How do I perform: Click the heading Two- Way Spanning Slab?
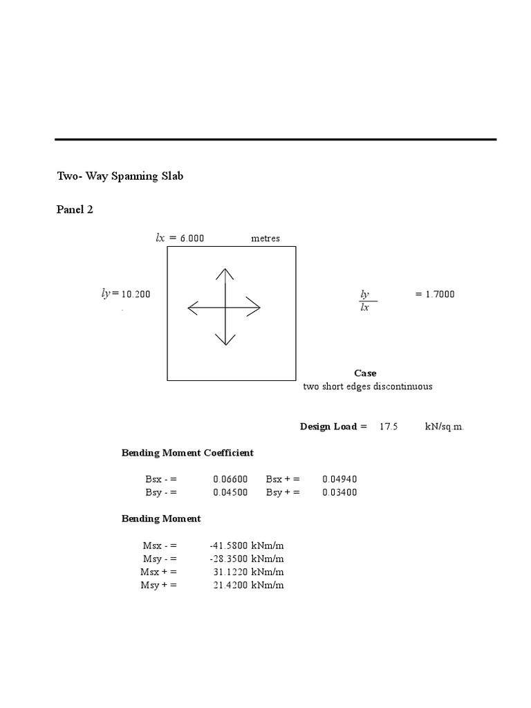[x=120, y=176]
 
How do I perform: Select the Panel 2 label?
[x=75, y=210]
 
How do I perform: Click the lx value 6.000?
[x=192, y=239]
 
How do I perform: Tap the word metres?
[x=265, y=239]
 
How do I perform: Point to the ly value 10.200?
[x=136, y=295]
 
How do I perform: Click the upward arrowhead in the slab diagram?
[x=224, y=272]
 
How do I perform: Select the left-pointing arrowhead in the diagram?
[x=193, y=307]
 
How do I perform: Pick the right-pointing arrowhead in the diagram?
[x=255, y=307]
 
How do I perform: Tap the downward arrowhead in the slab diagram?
[x=224, y=340]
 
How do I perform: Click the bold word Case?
[x=365, y=373]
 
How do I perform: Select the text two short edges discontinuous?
[x=368, y=386]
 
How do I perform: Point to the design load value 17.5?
[x=389, y=427]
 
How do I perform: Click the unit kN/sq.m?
[x=445, y=427]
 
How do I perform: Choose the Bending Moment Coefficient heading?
[x=187, y=453]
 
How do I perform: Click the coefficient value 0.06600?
[x=230, y=479]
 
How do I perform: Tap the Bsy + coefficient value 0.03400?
[x=339, y=492]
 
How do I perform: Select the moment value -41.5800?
[x=229, y=546]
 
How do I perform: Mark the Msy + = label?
[x=159, y=586]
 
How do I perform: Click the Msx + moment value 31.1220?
[x=231, y=572]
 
